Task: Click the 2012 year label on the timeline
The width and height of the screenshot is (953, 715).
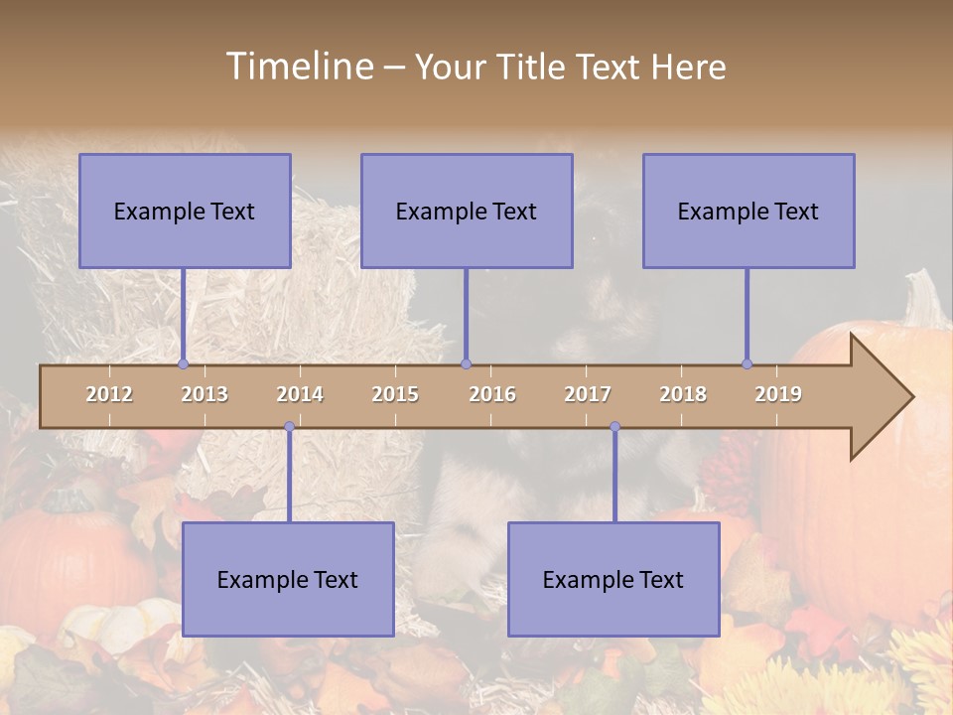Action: tap(109, 394)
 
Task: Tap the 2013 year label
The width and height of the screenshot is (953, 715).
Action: tap(204, 394)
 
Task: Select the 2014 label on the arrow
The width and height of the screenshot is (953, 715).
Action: tap(300, 394)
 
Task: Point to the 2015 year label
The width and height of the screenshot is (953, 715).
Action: tap(395, 394)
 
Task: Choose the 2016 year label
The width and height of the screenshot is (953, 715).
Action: tap(492, 394)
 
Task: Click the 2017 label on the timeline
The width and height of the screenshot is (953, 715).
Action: tap(588, 394)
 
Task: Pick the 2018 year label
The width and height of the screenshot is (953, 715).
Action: tap(683, 394)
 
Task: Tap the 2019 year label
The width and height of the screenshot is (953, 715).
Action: tap(778, 394)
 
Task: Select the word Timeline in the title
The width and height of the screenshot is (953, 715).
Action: tap(299, 67)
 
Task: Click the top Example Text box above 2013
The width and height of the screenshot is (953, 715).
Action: tap(185, 211)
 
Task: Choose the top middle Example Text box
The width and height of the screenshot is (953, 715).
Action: tap(467, 211)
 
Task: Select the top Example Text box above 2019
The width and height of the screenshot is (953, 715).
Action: tap(749, 211)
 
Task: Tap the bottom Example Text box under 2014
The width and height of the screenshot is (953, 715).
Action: tap(288, 579)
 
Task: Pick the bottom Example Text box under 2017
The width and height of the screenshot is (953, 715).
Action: tap(613, 579)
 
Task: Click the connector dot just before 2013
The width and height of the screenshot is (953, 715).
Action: tap(183, 363)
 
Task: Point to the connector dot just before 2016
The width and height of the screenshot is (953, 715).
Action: tap(466, 363)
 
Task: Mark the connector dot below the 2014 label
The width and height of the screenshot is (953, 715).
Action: tap(289, 426)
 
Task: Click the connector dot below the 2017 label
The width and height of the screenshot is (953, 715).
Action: tap(614, 426)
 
